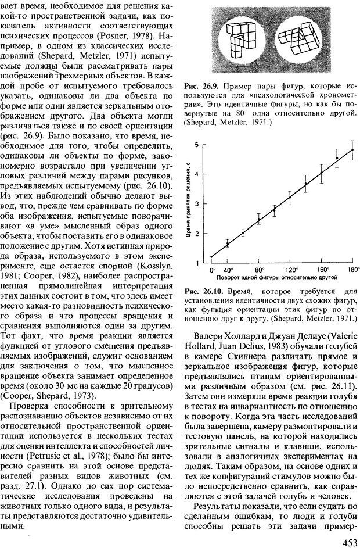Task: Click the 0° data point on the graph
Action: coord(211,256)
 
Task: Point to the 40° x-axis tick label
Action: coord(228,270)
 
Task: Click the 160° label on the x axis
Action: coord(322,270)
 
